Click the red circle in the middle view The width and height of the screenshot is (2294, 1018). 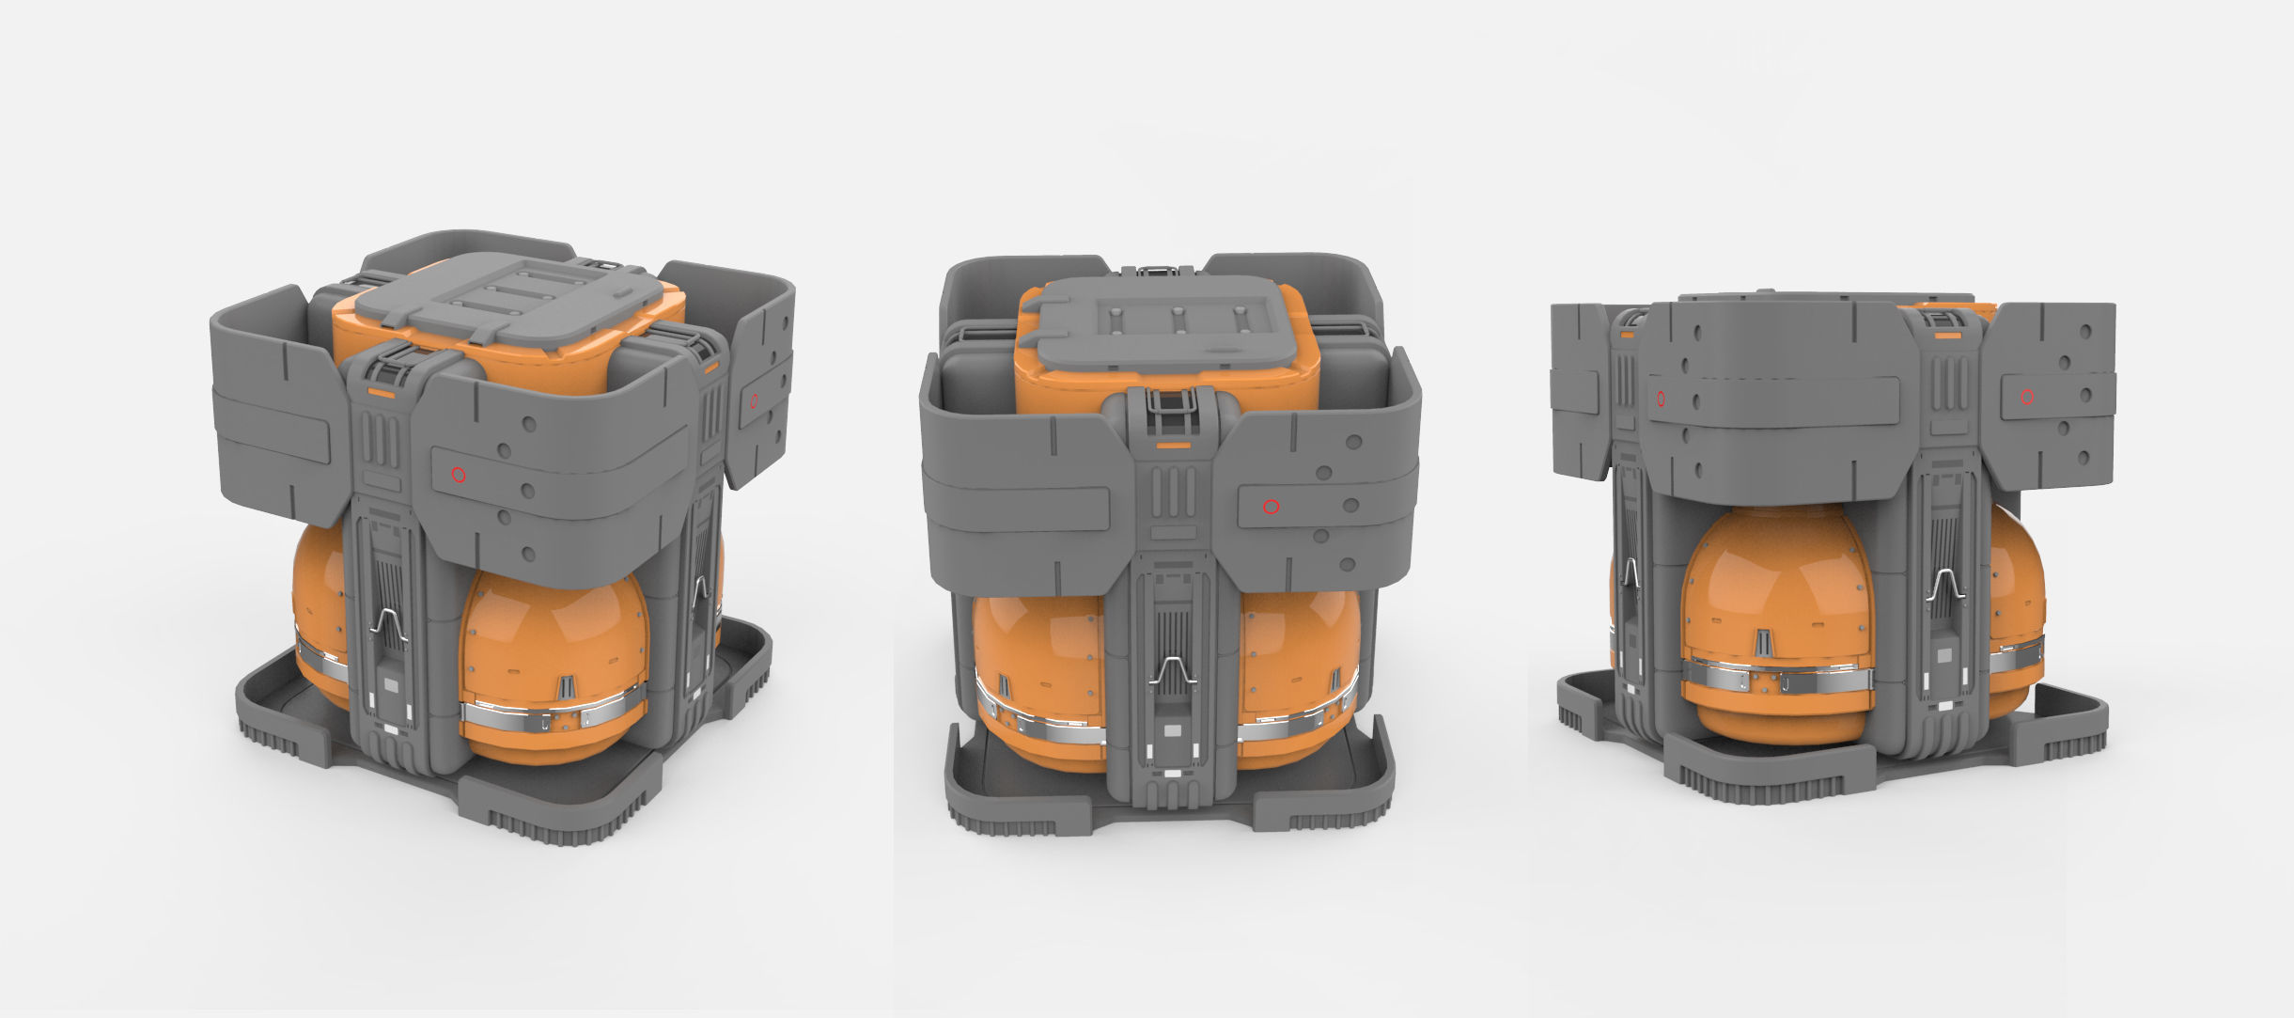pos(1271,507)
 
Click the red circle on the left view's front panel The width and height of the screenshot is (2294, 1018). pos(459,475)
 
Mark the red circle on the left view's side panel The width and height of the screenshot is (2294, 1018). pos(754,400)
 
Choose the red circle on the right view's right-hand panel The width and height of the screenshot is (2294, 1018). pos(2027,398)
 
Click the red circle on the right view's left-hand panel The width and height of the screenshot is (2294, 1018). pos(1661,399)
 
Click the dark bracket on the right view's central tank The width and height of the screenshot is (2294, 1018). pos(1764,644)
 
